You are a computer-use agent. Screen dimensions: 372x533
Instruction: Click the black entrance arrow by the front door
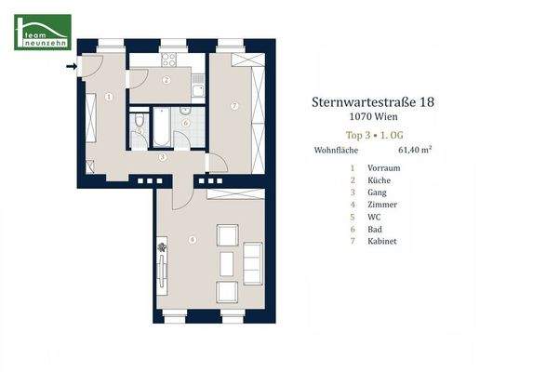coord(73,67)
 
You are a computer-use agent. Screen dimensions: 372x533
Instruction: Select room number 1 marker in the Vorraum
coord(109,96)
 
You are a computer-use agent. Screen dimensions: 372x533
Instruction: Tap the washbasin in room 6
coord(184,110)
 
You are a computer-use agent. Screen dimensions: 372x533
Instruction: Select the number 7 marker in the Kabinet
coord(234,106)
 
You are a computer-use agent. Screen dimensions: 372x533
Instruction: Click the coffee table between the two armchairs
coord(226,262)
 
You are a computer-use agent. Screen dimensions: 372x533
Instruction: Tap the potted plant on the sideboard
coord(162,248)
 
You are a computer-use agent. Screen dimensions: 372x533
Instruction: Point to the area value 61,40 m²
coord(416,148)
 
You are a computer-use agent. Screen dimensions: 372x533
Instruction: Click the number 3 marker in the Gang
coord(163,157)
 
